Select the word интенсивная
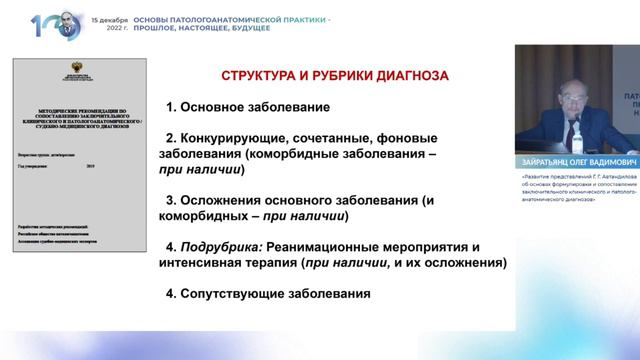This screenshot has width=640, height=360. click(x=205, y=263)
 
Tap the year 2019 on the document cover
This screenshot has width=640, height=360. click(x=92, y=166)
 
